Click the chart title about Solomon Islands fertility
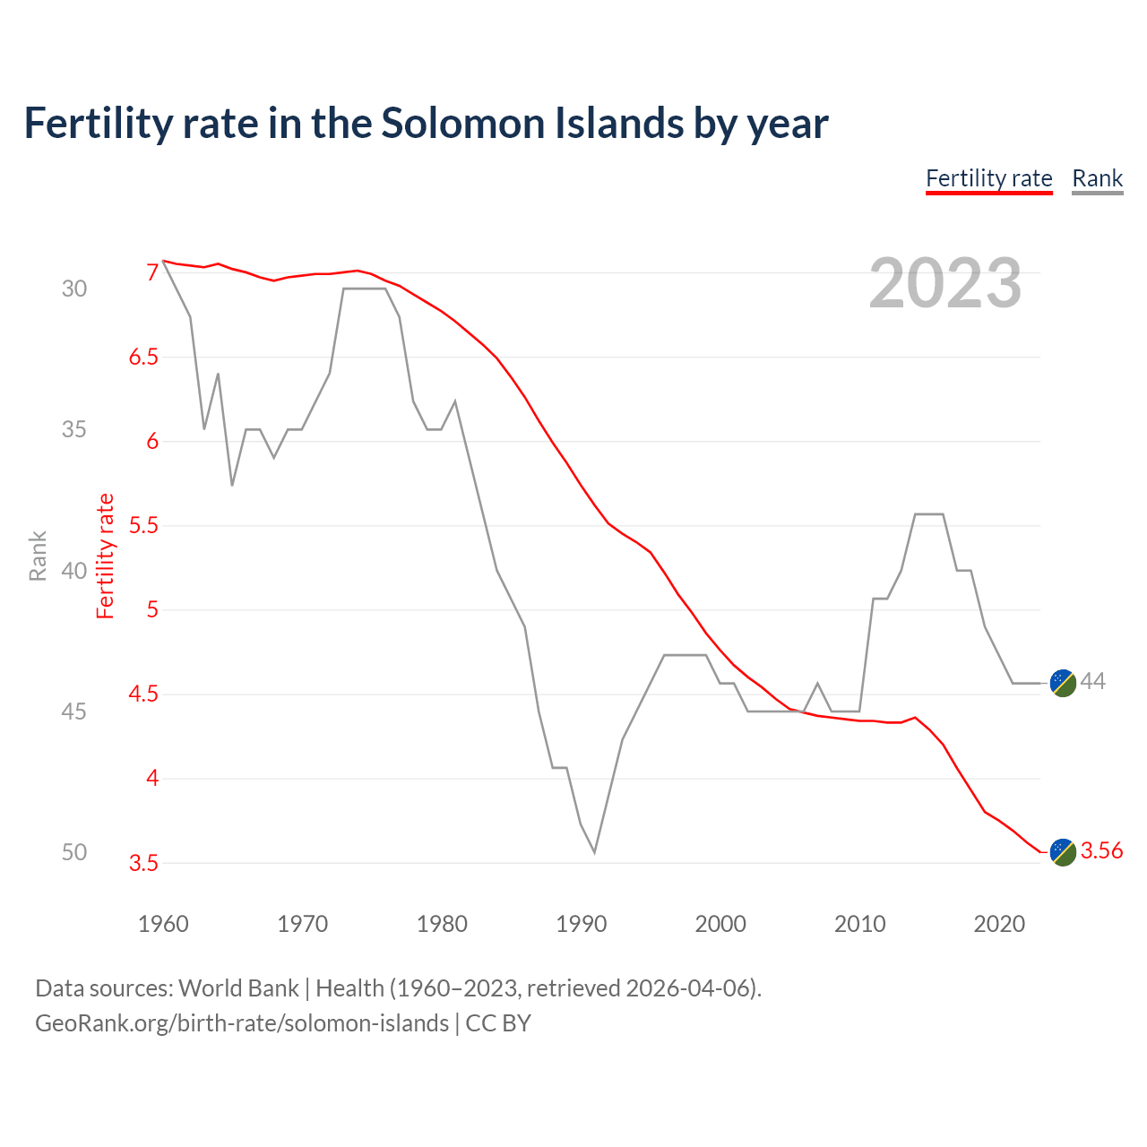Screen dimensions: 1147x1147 pyautogui.click(x=426, y=124)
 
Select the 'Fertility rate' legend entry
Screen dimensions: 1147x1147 pyautogui.click(x=988, y=178)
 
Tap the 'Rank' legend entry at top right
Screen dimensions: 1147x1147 pyautogui.click(x=1097, y=178)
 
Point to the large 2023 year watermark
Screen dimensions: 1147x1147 pyautogui.click(x=944, y=283)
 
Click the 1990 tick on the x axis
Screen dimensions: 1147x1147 pyautogui.click(x=581, y=924)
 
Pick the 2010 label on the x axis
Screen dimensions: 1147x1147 pyautogui.click(x=859, y=924)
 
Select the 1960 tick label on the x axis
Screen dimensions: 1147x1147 pyautogui.click(x=163, y=924)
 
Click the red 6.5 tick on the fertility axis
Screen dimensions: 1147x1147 pyautogui.click(x=143, y=358)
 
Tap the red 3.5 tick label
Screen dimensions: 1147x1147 pyautogui.click(x=143, y=864)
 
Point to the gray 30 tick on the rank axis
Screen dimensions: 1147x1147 pyautogui.click(x=74, y=289)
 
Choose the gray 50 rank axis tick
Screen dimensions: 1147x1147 pyautogui.click(x=74, y=852)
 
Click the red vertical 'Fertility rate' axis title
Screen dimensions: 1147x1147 pyautogui.click(x=106, y=556)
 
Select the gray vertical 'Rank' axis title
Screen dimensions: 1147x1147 pyautogui.click(x=38, y=556)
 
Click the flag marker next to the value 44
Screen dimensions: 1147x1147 pyautogui.click(x=1062, y=682)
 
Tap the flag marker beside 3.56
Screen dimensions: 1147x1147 pyautogui.click(x=1062, y=851)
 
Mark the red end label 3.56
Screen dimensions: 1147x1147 pyautogui.click(x=1101, y=851)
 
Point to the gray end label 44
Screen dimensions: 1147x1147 pyautogui.click(x=1092, y=682)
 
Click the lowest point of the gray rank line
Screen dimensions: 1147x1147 pyautogui.click(x=594, y=851)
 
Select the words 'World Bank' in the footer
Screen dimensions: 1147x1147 pyautogui.click(x=238, y=988)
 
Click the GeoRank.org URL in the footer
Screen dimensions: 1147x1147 pyautogui.click(x=242, y=1023)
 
